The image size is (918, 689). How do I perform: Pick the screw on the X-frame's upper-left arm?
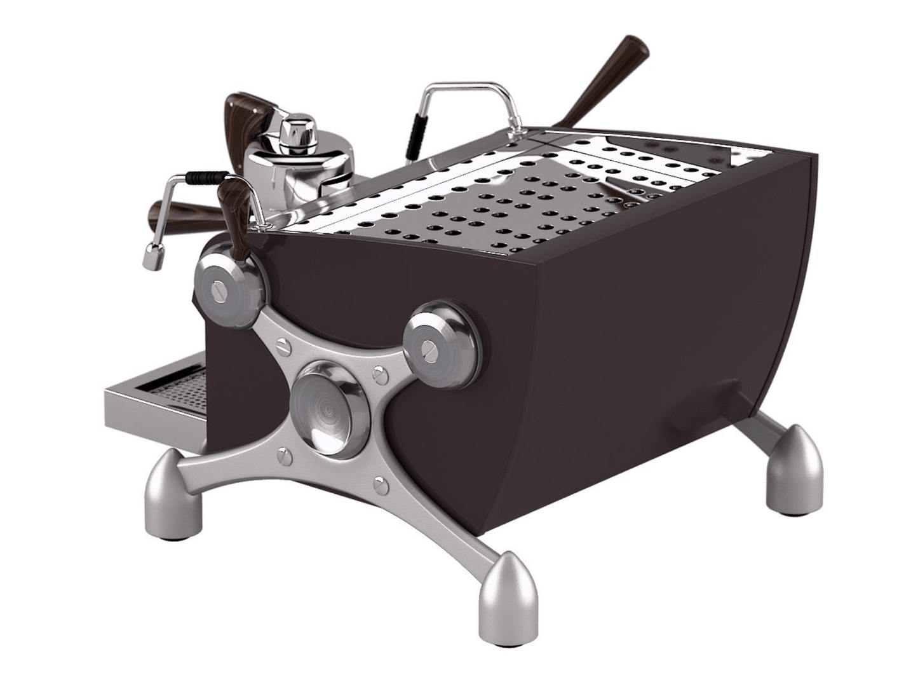pyautogui.click(x=281, y=345)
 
